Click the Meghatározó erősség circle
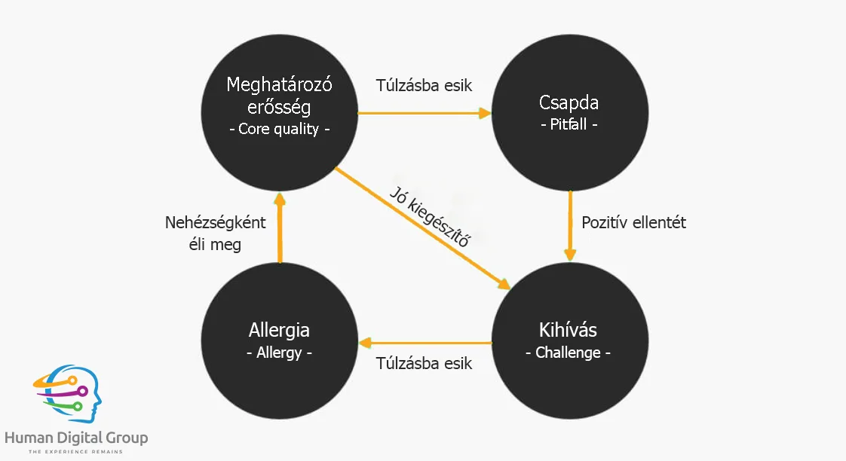tap(280, 113)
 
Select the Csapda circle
tap(570, 113)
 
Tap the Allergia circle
tap(280, 340)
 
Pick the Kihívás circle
tap(570, 340)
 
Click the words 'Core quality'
tap(278, 129)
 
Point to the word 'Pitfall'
tap(568, 124)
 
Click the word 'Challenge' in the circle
tap(568, 353)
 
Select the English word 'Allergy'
tap(279, 353)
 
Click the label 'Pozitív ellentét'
tap(633, 223)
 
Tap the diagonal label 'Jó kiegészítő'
tap(430, 217)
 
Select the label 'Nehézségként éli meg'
tap(216, 234)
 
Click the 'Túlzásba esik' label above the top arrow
tap(424, 85)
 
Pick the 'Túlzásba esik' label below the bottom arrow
tap(424, 363)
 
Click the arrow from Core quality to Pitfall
tap(425, 113)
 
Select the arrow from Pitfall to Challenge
tap(570, 226)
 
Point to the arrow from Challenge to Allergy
tap(425, 343)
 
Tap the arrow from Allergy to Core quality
tap(280, 227)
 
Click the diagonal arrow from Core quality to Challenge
tap(422, 228)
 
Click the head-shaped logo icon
tap(68, 393)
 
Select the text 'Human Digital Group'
tap(76, 438)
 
